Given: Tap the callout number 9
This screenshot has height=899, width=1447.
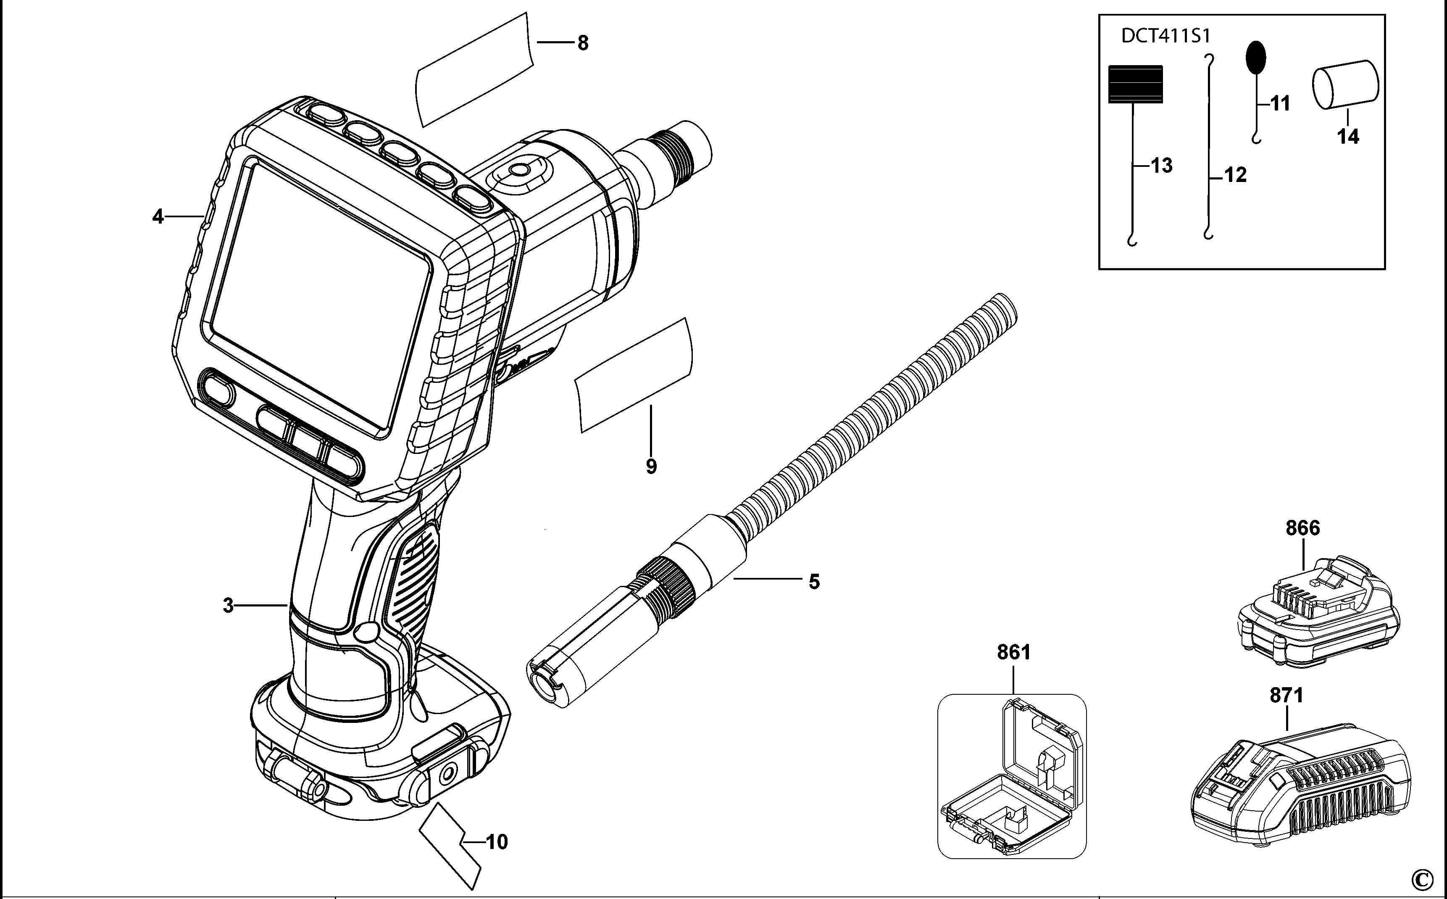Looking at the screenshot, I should [651, 466].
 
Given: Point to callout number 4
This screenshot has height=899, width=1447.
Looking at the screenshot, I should [158, 216].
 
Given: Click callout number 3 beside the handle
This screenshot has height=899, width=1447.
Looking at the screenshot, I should [228, 606].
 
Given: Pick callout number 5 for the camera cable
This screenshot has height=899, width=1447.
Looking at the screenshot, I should [814, 582].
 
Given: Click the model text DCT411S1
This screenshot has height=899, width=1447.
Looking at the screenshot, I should [1165, 36].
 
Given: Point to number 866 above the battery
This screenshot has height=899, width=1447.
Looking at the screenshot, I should [1302, 528].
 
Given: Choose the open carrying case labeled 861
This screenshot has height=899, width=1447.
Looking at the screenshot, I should [1011, 776].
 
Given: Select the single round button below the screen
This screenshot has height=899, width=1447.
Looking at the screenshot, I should [218, 393].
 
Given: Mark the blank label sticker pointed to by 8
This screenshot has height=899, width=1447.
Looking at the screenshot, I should [472, 70].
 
